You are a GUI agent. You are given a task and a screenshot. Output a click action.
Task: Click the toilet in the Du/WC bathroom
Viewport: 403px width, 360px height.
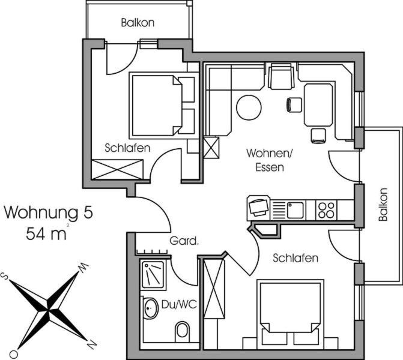[x=182, y=330]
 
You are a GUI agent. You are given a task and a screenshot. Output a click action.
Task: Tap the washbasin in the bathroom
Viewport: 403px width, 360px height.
[x=151, y=308]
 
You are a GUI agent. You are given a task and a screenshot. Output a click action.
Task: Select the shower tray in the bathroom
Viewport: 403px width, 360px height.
[x=153, y=275]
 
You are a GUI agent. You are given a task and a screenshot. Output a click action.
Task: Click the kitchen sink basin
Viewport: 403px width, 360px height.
[x=295, y=210]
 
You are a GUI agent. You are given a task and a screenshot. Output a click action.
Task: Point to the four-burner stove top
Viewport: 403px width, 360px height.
[x=326, y=210]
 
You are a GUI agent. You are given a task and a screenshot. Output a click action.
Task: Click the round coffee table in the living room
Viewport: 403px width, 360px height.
[x=249, y=107]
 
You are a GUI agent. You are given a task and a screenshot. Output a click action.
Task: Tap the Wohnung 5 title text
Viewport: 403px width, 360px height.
[x=48, y=212]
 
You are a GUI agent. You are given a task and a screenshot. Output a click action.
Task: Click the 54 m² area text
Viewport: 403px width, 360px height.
[x=46, y=233]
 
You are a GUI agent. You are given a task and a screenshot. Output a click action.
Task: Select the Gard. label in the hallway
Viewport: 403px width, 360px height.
[x=184, y=241]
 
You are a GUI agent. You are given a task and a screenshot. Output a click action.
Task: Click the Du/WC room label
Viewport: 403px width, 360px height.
[x=179, y=305]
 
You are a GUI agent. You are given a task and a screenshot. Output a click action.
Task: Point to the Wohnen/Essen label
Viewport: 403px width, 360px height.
[x=270, y=160]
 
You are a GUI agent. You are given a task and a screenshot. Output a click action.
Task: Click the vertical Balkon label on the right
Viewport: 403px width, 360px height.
[x=383, y=205]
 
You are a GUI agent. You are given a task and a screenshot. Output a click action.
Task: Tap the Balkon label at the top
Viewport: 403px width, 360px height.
[x=138, y=23]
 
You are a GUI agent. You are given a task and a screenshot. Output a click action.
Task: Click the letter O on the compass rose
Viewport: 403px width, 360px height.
[x=14, y=355]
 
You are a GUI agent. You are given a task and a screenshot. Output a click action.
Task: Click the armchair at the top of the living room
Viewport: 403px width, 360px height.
[x=281, y=76]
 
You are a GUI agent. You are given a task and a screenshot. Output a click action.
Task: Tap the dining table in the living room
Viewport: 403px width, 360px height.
[x=318, y=105]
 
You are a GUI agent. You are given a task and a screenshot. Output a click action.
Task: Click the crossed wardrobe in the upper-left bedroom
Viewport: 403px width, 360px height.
[x=118, y=169]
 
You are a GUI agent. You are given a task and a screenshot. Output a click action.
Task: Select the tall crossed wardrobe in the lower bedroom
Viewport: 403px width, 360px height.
[x=214, y=289]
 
